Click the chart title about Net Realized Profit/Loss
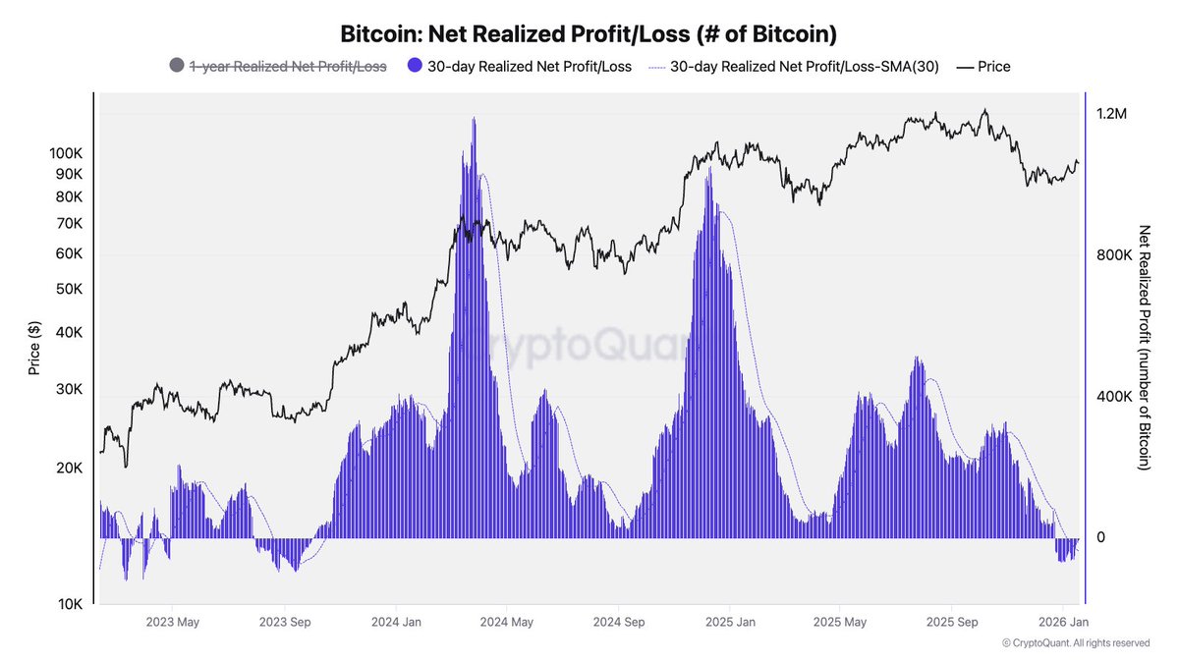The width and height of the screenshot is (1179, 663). point(589,33)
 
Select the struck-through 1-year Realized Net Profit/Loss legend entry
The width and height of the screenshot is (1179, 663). point(287,67)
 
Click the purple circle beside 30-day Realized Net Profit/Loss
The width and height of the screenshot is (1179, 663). point(414,67)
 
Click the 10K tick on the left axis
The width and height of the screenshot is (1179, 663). point(68,604)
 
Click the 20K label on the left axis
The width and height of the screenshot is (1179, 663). point(68,469)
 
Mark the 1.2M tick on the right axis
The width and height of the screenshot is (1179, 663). point(1111,114)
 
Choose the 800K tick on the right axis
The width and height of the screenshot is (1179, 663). point(1113,255)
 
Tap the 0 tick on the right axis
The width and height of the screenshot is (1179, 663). point(1100,537)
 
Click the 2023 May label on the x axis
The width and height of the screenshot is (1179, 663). point(173,622)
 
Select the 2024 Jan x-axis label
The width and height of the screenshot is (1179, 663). point(397,622)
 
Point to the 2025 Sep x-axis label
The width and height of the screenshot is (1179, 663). point(952,622)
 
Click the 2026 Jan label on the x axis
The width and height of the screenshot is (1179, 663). point(1063,622)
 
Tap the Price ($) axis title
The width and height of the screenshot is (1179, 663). point(34,349)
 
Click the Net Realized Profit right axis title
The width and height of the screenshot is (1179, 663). point(1144,348)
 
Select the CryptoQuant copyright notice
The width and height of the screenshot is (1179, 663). point(1076,643)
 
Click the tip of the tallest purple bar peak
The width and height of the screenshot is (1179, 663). point(474,118)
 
